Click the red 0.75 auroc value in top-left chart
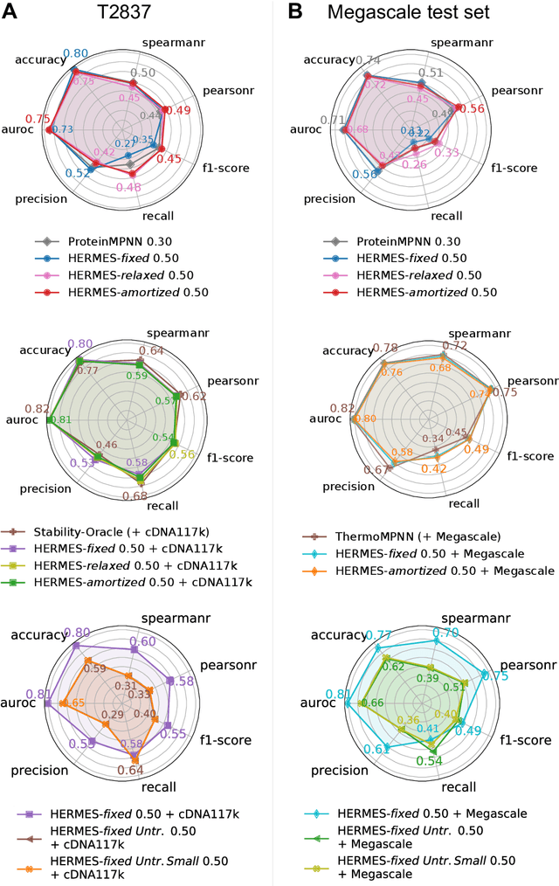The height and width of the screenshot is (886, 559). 38,119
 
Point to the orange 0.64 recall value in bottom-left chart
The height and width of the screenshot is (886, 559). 129,770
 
